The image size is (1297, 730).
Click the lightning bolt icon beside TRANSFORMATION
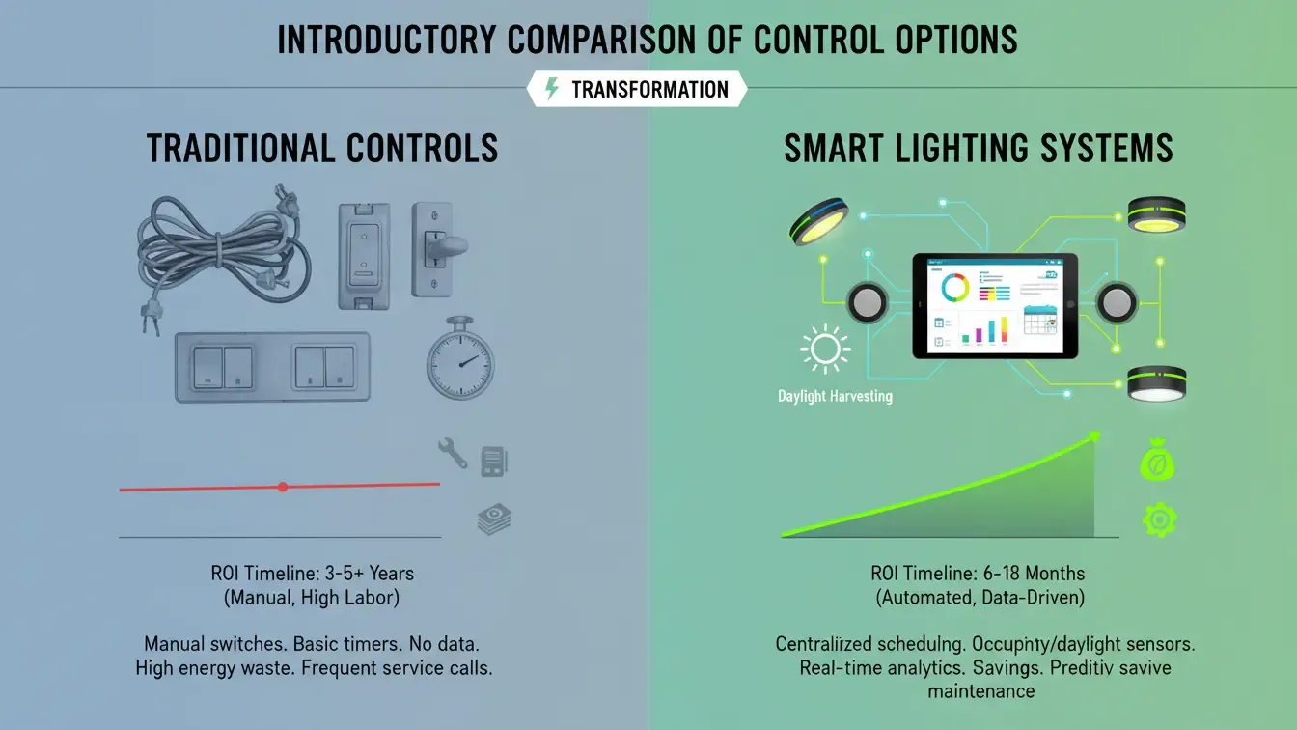point(552,90)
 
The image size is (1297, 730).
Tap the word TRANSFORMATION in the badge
point(649,90)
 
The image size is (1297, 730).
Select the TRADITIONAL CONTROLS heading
point(322,149)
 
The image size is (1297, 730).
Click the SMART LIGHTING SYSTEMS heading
point(978,149)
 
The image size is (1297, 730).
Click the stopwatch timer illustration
point(460,359)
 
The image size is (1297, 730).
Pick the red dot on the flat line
point(283,487)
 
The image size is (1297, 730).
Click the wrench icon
point(452,452)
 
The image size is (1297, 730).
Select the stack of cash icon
point(494,520)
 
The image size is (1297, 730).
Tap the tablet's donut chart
point(954,288)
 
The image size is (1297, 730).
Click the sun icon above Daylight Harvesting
point(824,351)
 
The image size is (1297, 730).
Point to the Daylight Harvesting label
point(835,396)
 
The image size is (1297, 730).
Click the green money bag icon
point(1156,462)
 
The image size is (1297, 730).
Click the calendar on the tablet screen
point(1040,320)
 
